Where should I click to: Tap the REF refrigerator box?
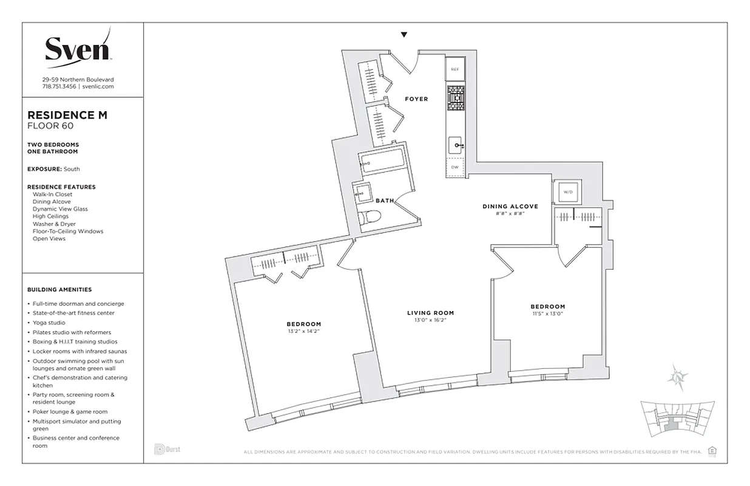click(x=455, y=69)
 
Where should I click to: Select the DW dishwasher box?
click(x=454, y=167)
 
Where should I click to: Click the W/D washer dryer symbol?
click(x=568, y=192)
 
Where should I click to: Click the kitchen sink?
click(x=456, y=145)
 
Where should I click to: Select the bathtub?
click(x=381, y=163)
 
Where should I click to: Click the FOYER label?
click(x=416, y=99)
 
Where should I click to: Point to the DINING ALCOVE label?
click(x=510, y=207)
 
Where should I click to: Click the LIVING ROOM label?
click(x=430, y=313)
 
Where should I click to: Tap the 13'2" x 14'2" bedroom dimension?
click(x=303, y=331)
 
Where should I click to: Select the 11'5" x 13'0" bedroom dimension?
click(x=547, y=314)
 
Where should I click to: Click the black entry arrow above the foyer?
click(x=404, y=35)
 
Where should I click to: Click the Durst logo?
click(x=167, y=450)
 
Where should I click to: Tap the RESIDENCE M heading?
click(x=67, y=115)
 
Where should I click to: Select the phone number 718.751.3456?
click(x=59, y=86)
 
